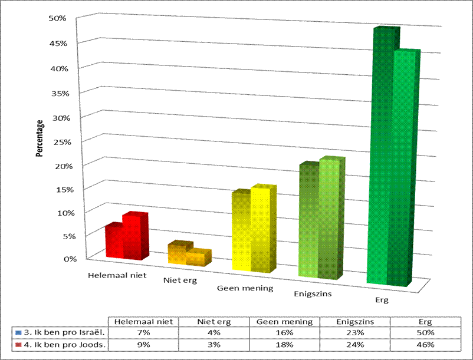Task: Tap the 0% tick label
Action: [70, 258]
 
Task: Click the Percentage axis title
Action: [40, 138]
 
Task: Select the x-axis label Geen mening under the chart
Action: [245, 288]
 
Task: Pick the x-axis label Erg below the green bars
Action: [382, 300]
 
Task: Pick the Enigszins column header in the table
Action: [356, 322]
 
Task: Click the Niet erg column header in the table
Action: [215, 322]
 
